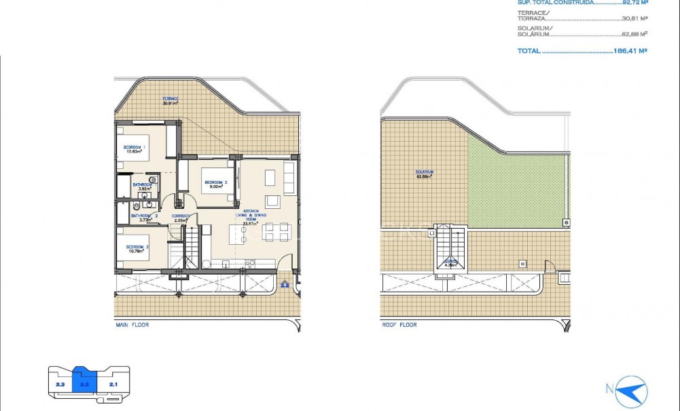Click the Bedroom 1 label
pyautogui.click(x=134, y=147)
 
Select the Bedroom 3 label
pyautogui.click(x=138, y=246)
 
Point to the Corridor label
pyautogui.click(x=180, y=216)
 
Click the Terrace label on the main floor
pyautogui.click(x=170, y=99)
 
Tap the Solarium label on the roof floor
pyautogui.click(x=425, y=172)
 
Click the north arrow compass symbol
pyautogui.click(x=631, y=391)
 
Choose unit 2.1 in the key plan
pyautogui.click(x=113, y=385)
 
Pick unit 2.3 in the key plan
pyautogui.click(x=60, y=385)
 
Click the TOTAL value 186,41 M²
pyautogui.click(x=630, y=51)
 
